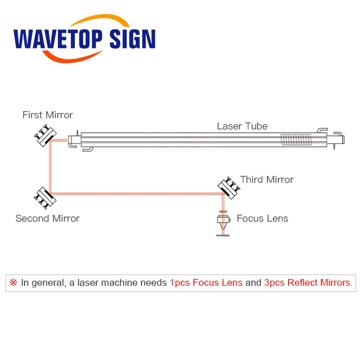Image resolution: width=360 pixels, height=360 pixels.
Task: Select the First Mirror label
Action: [48, 115]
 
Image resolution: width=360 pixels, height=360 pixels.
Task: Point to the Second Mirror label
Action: [47, 218]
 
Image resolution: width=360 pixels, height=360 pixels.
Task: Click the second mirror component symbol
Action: [43, 196]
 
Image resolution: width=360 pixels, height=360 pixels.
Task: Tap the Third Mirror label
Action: [267, 179]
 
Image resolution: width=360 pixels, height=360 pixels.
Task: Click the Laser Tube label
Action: [242, 126]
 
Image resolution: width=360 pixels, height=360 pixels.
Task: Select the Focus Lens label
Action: [262, 218]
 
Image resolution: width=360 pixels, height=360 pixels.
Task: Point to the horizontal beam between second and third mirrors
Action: [135, 193]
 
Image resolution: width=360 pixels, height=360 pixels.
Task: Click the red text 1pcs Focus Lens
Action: [206, 282]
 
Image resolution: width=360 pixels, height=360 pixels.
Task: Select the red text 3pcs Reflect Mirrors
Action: [309, 282]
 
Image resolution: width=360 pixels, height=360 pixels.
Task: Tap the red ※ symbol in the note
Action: [13, 282]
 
